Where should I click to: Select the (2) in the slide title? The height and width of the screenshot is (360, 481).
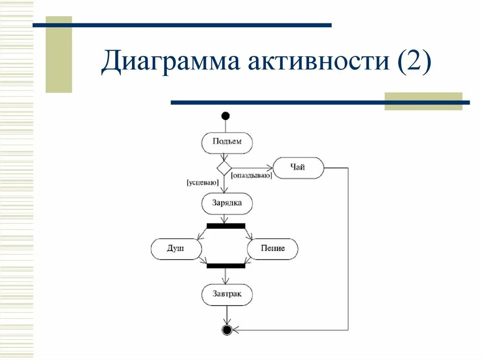pyautogui.click(x=413, y=63)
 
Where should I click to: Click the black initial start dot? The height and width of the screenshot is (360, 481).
pyautogui.click(x=226, y=116)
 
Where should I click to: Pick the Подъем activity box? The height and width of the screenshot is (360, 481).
pyautogui.click(x=227, y=142)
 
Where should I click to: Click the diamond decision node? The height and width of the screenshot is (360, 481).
pyautogui.click(x=224, y=168)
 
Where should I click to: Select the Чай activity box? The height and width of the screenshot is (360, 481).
pyautogui.click(x=298, y=168)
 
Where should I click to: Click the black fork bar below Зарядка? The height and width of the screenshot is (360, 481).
pyautogui.click(x=226, y=226)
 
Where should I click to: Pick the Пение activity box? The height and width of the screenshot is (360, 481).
pyautogui.click(x=273, y=249)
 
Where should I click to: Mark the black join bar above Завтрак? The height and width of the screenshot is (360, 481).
pyautogui.click(x=226, y=266)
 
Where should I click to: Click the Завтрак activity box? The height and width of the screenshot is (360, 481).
pyautogui.click(x=227, y=295)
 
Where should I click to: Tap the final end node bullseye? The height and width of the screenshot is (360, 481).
pyautogui.click(x=227, y=330)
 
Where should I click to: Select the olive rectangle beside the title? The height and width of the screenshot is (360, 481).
pyautogui.click(x=59, y=54)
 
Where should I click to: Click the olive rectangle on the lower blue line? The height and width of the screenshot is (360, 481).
pyautogui.click(x=423, y=101)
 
